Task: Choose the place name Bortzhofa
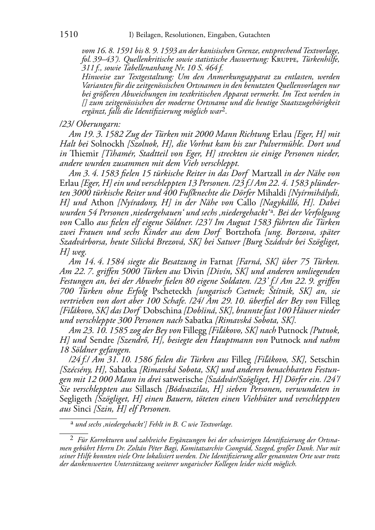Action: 244,232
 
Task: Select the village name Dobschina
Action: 162,310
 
